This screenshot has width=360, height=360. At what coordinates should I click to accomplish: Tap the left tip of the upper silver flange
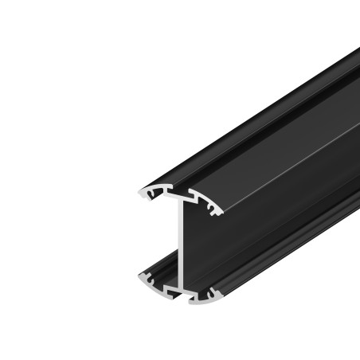(x=139, y=194)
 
